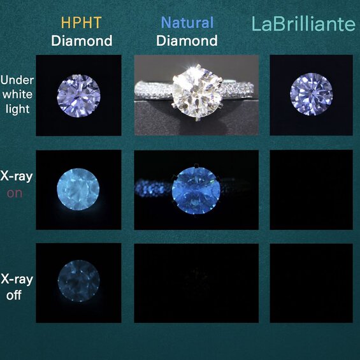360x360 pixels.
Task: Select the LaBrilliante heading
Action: (x=303, y=25)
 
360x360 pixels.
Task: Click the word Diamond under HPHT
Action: (x=82, y=41)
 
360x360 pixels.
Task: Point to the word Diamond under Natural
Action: (x=187, y=41)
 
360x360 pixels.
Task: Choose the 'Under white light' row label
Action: (x=17, y=94)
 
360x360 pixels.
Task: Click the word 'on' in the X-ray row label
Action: (x=14, y=193)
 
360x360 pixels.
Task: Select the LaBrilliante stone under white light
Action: (x=311, y=96)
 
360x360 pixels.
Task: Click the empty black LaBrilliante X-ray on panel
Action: (x=311, y=190)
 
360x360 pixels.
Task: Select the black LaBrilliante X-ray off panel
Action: (x=311, y=282)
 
